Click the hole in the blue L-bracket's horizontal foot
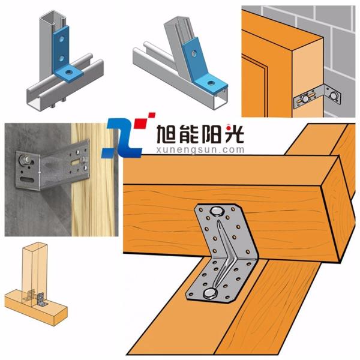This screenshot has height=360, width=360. [68, 73]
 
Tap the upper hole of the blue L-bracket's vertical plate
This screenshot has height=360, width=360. [62, 39]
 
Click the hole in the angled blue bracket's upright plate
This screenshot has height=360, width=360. [194, 53]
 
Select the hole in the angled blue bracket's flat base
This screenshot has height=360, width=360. [210, 83]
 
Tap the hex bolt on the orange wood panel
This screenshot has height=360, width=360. [305, 99]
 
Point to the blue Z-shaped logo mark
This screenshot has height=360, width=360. [122, 138]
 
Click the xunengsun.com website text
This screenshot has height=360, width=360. [200, 150]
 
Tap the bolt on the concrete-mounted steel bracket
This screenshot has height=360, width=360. [24, 160]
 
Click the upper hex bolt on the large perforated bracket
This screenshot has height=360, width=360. [217, 211]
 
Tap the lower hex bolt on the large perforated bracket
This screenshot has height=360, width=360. [211, 293]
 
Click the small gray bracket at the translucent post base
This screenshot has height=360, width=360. [41, 299]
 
